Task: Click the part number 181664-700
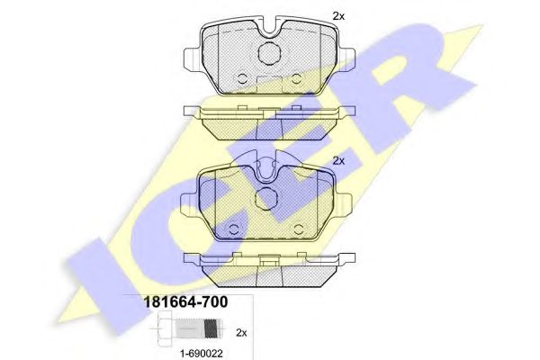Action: point(184,302)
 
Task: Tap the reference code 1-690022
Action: point(202,354)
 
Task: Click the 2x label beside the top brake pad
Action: point(338,16)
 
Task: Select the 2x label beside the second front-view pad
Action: point(338,160)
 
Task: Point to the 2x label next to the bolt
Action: point(241,333)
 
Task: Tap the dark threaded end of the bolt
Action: point(211,328)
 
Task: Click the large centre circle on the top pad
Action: point(269,52)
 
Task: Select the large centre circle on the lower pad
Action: point(265,200)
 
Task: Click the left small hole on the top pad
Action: point(242,79)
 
